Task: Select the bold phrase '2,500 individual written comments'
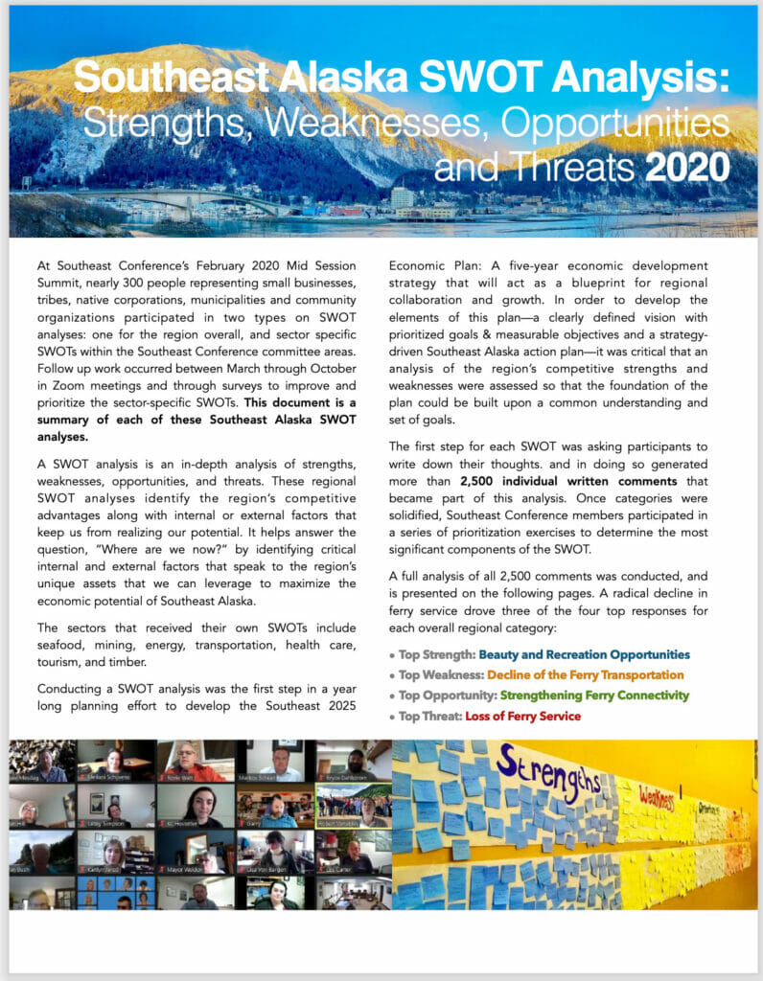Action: click(566, 481)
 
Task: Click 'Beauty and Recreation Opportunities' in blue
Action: click(584, 654)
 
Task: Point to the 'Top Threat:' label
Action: click(430, 716)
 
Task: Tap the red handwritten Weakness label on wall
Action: click(660, 794)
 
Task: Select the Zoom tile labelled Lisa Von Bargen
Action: click(275, 852)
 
